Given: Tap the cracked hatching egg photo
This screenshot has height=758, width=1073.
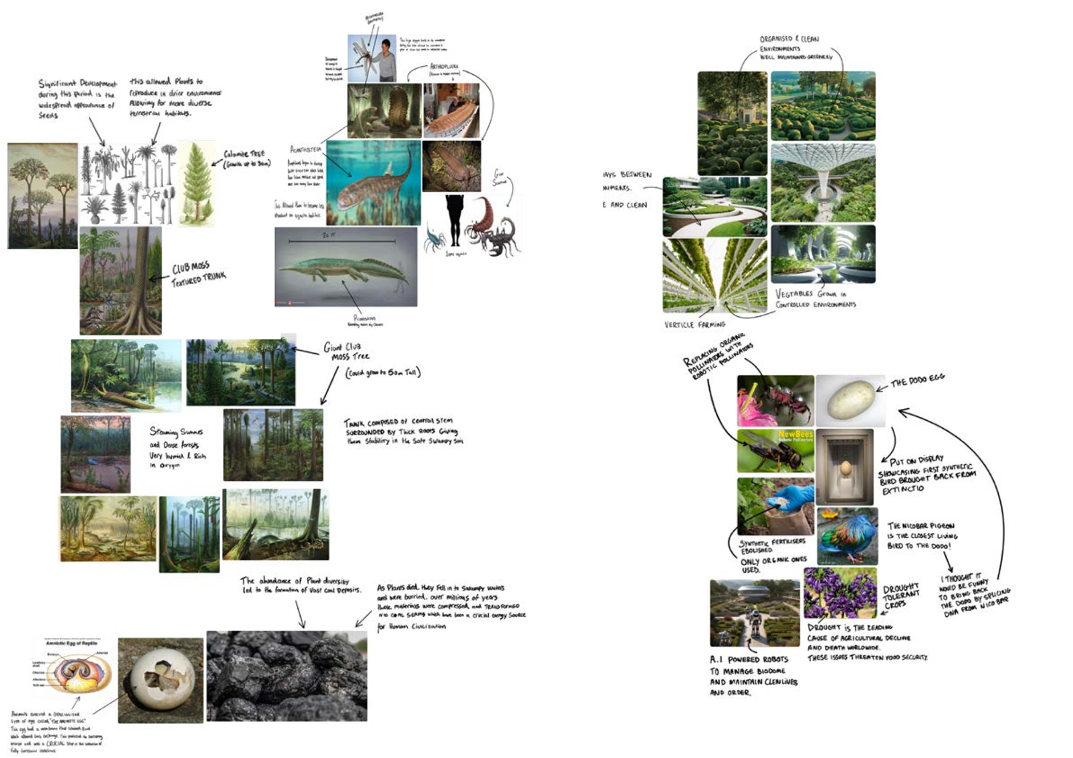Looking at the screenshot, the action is [x=161, y=680].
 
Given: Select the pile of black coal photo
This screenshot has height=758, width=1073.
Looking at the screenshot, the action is [x=287, y=676].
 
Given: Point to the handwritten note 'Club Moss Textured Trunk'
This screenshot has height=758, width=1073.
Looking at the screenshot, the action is [x=198, y=273].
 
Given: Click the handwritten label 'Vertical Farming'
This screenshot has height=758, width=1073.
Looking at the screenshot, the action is [x=695, y=325].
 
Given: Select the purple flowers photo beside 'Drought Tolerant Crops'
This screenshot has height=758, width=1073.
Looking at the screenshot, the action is [x=840, y=593].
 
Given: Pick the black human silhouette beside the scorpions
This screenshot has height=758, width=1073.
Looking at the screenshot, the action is [x=454, y=220].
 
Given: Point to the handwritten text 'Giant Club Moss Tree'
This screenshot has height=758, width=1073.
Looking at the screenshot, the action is [x=346, y=351].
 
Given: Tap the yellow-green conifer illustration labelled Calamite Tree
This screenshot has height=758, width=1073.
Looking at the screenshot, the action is [x=196, y=184].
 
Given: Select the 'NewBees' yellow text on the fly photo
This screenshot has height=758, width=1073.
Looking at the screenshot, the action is [x=795, y=435].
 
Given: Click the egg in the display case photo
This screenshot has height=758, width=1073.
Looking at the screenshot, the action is [x=845, y=468].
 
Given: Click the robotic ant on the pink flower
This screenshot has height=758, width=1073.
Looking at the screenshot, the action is [x=782, y=400].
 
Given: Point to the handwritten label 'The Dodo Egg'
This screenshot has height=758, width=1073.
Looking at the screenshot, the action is [x=917, y=380].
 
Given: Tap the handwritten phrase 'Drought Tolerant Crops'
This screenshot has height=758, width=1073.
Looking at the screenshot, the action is [x=900, y=597].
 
